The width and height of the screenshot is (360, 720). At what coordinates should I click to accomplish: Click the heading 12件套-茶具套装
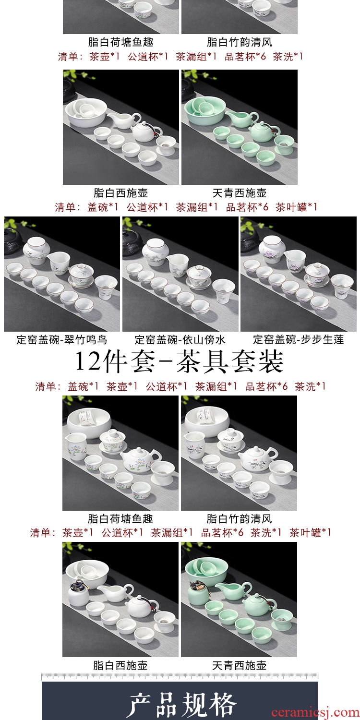tap(179, 361)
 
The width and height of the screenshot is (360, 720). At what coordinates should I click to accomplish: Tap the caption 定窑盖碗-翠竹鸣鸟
tap(62, 339)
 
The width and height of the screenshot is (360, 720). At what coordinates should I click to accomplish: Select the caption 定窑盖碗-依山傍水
tap(180, 339)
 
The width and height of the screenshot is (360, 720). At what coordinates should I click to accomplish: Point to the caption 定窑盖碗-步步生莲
tap(298, 339)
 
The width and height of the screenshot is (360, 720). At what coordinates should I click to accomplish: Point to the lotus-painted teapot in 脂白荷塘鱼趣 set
tap(141, 461)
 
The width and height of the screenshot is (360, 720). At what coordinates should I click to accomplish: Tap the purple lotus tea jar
tap(272, 249)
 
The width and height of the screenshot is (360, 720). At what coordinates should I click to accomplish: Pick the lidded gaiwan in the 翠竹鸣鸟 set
tap(81, 276)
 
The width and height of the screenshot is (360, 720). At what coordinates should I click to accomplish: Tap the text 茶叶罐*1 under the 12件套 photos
tap(310, 533)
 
